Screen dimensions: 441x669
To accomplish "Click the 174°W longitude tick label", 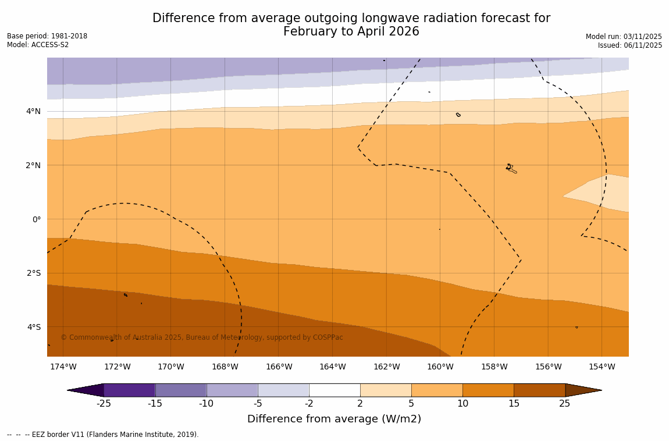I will click(x=63, y=367).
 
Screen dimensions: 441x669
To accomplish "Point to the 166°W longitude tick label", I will click(x=279, y=367).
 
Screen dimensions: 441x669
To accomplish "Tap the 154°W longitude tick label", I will click(x=602, y=367).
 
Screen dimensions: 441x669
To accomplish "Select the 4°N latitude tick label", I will click(x=34, y=111).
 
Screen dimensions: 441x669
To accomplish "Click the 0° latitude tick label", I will click(x=36, y=219).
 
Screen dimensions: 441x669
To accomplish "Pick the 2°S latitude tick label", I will click(x=34, y=273).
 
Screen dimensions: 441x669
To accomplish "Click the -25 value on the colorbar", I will click(x=104, y=404).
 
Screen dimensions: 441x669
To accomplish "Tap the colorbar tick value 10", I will click(x=462, y=404).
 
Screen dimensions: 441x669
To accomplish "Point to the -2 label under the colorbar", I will click(x=309, y=404).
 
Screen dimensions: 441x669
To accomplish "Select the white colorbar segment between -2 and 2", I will click(x=334, y=390).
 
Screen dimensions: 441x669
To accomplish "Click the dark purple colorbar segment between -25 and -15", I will click(x=129, y=390).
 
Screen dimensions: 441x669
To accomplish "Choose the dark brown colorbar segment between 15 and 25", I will click(x=539, y=390).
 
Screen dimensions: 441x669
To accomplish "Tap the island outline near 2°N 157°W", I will click(x=510, y=168).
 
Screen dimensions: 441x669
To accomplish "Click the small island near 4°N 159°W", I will click(x=458, y=115).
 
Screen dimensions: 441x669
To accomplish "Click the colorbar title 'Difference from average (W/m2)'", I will click(x=334, y=419).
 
